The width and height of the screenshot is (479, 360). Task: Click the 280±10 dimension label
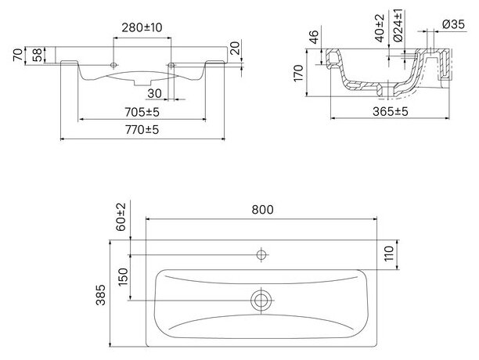pos(142,28)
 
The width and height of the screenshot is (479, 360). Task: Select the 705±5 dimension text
pos(142,113)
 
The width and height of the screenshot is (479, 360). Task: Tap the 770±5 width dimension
pos(142,130)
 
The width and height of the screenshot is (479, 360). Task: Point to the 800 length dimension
pos(262,210)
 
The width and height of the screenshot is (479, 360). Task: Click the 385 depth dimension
pos(101,295)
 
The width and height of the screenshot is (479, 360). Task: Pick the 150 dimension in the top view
pos(123,276)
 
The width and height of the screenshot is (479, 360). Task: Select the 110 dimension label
pos(389,254)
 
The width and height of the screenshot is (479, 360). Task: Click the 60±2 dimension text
pos(121,217)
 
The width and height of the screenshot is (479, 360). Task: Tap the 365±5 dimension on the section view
pos(390,112)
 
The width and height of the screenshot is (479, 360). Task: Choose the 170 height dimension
pos(298,74)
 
